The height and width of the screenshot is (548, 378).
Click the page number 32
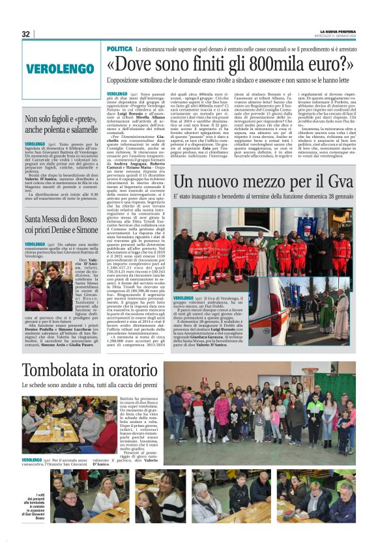[x=27, y=34]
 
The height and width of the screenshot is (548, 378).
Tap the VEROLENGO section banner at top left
[x=60, y=68]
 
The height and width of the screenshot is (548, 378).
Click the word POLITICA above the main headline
[x=119, y=49]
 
